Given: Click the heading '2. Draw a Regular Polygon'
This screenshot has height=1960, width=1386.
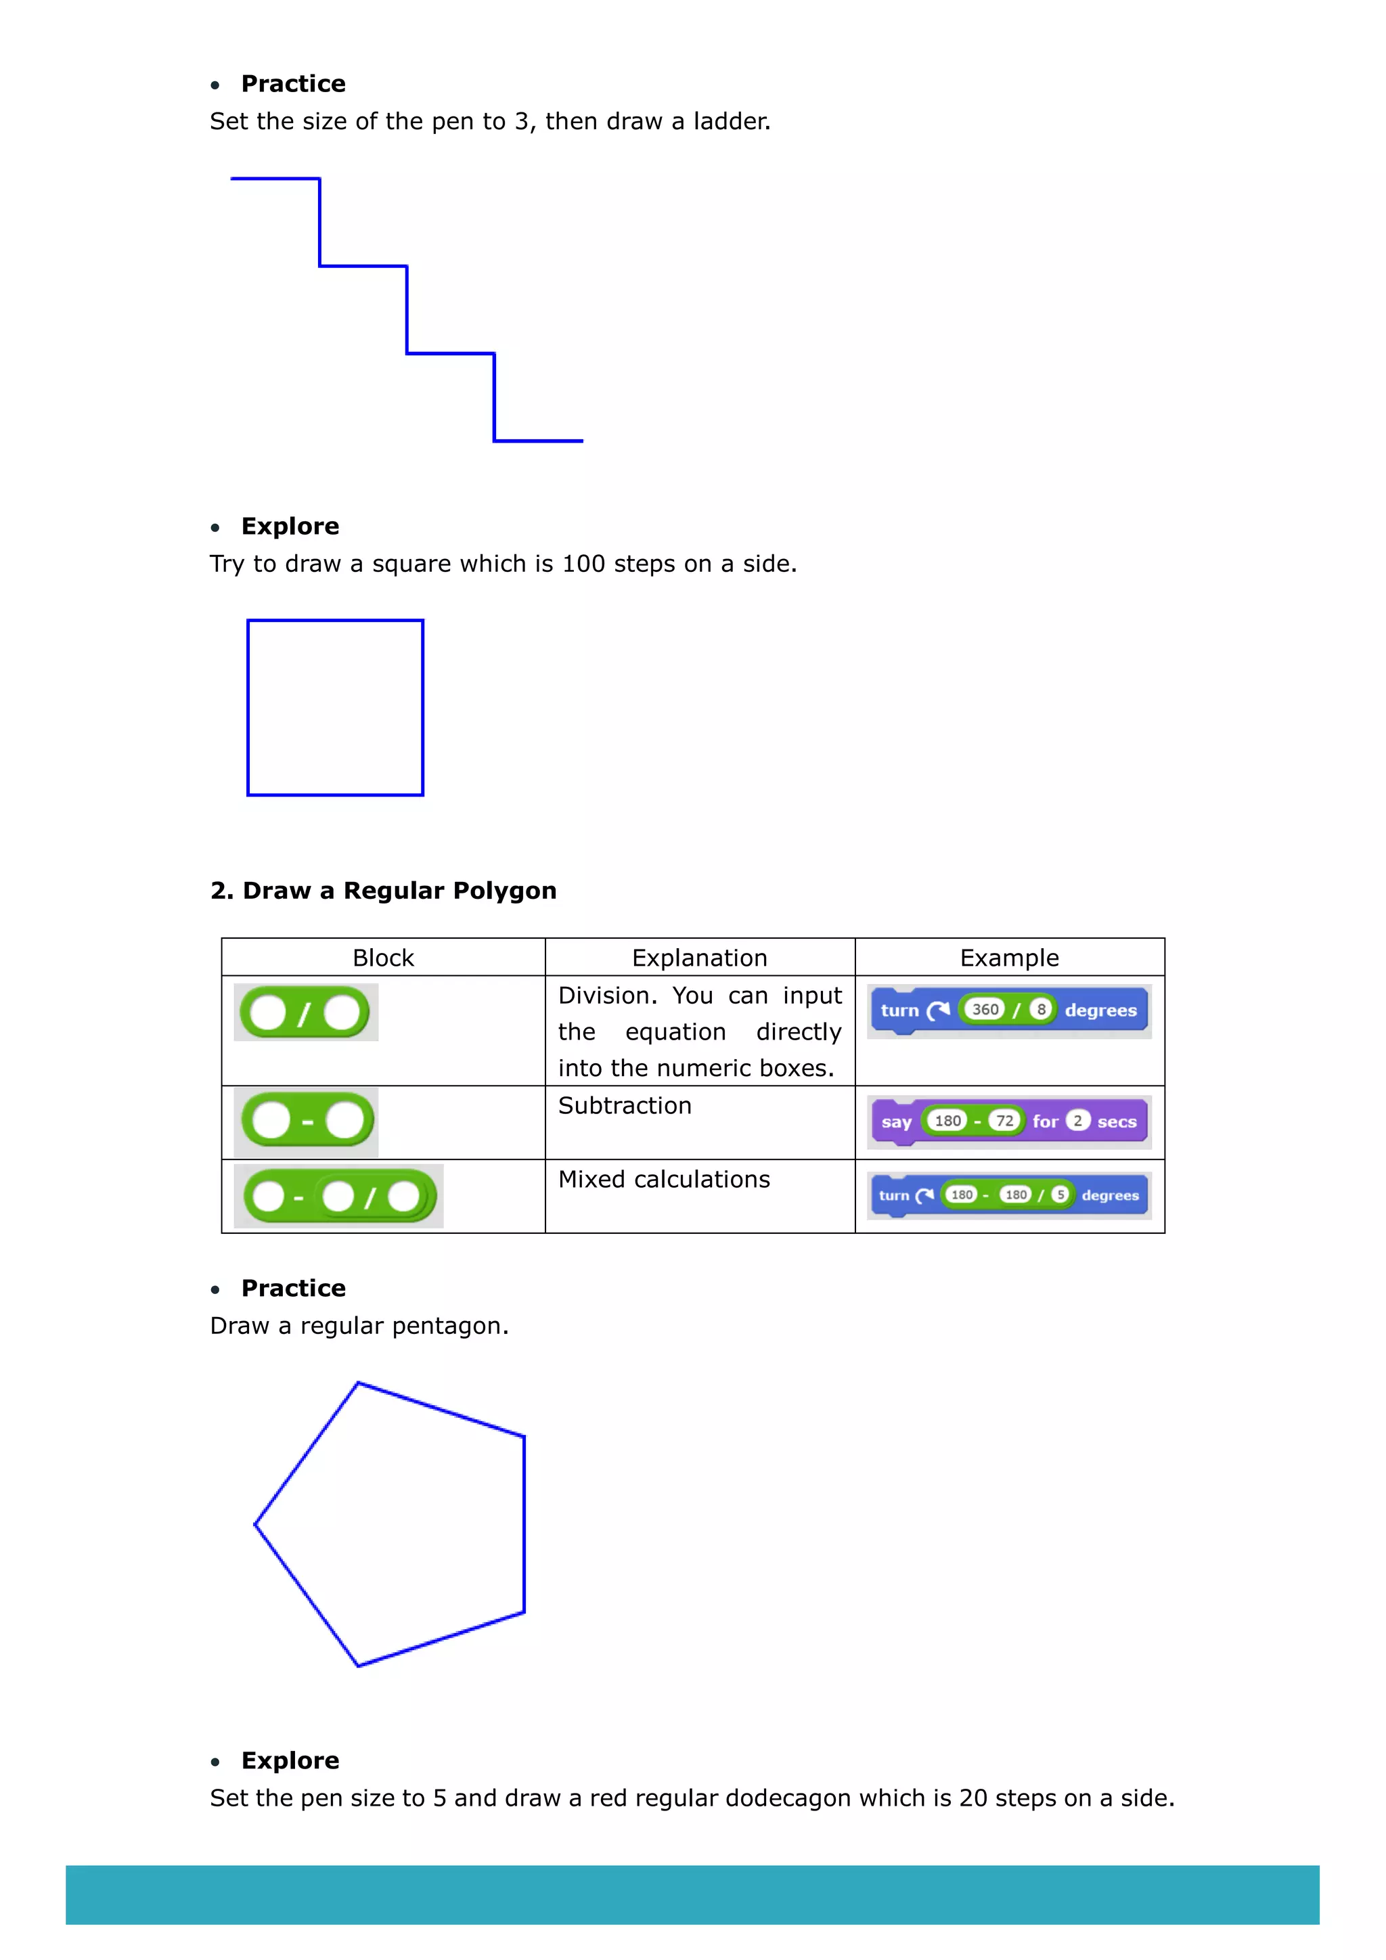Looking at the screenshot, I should pyautogui.click(x=383, y=891).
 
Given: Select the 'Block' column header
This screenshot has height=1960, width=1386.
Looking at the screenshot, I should pyautogui.click(x=383, y=958).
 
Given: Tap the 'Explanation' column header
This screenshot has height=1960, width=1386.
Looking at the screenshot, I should pyautogui.click(x=699, y=958).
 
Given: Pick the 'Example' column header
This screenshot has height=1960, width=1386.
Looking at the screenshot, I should pyautogui.click(x=1009, y=958).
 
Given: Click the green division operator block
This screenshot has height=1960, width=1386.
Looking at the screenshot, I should pyautogui.click(x=305, y=1013).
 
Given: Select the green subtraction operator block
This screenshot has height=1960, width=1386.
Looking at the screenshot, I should pyautogui.click(x=307, y=1121).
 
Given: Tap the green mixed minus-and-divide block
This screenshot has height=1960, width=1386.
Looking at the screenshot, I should pyautogui.click(x=339, y=1196).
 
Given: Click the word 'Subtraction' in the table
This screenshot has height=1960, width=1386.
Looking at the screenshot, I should pyautogui.click(x=625, y=1105).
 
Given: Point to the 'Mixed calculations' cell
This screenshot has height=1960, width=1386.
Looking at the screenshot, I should pyautogui.click(x=664, y=1179).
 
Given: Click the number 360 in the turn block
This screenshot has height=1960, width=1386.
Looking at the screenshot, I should pyautogui.click(x=985, y=1009).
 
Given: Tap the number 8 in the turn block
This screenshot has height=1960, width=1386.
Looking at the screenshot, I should pyautogui.click(x=1040, y=1009).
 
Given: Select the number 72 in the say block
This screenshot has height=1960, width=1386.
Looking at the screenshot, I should pyautogui.click(x=1004, y=1121).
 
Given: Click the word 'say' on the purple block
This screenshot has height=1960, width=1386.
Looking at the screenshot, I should pyautogui.click(x=896, y=1121).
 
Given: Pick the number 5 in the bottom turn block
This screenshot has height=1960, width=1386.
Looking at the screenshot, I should pyautogui.click(x=1060, y=1195).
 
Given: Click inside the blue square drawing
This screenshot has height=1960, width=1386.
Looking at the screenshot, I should pyautogui.click(x=336, y=708).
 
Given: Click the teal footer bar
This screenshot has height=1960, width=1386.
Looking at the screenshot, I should pyautogui.click(x=692, y=1894).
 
